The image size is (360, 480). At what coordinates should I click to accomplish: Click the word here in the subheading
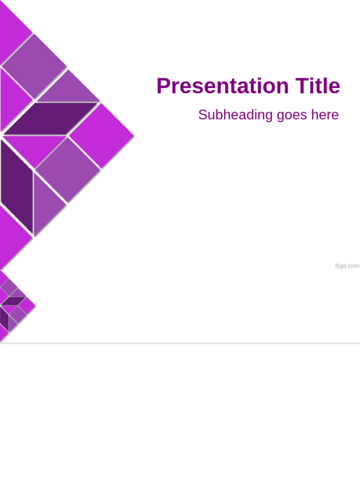coord(324,115)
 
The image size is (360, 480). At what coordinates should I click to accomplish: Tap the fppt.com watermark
coord(347,266)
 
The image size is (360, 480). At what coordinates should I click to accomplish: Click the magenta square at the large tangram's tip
coord(101,135)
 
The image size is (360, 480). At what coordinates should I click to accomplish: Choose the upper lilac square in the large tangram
coord(34,67)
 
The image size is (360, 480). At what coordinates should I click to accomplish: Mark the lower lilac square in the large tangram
coord(67,169)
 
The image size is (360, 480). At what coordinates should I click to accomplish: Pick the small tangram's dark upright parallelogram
coord(4,319)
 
